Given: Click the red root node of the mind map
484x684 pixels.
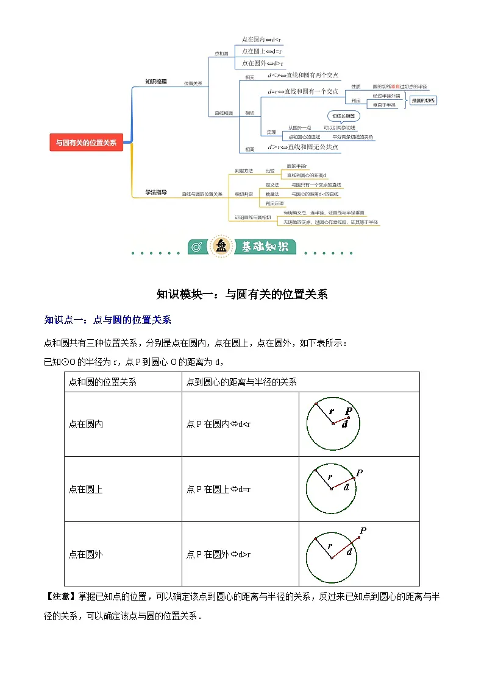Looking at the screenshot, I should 86,143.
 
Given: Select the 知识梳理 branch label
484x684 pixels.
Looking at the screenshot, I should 155,81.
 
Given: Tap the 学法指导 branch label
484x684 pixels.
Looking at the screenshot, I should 155,192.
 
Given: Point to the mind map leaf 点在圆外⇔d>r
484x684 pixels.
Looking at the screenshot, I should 263,63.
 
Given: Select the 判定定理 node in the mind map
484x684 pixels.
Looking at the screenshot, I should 275,203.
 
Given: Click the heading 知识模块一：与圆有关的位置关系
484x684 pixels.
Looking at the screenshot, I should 242,294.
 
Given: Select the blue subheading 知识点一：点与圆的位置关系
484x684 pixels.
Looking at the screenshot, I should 108,319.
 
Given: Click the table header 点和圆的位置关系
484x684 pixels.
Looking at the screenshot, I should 102,383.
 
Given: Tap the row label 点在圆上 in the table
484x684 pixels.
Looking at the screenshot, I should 86,489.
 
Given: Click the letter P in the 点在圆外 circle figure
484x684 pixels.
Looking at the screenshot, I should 363,531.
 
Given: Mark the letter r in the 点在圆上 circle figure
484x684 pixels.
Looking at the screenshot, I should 330,477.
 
